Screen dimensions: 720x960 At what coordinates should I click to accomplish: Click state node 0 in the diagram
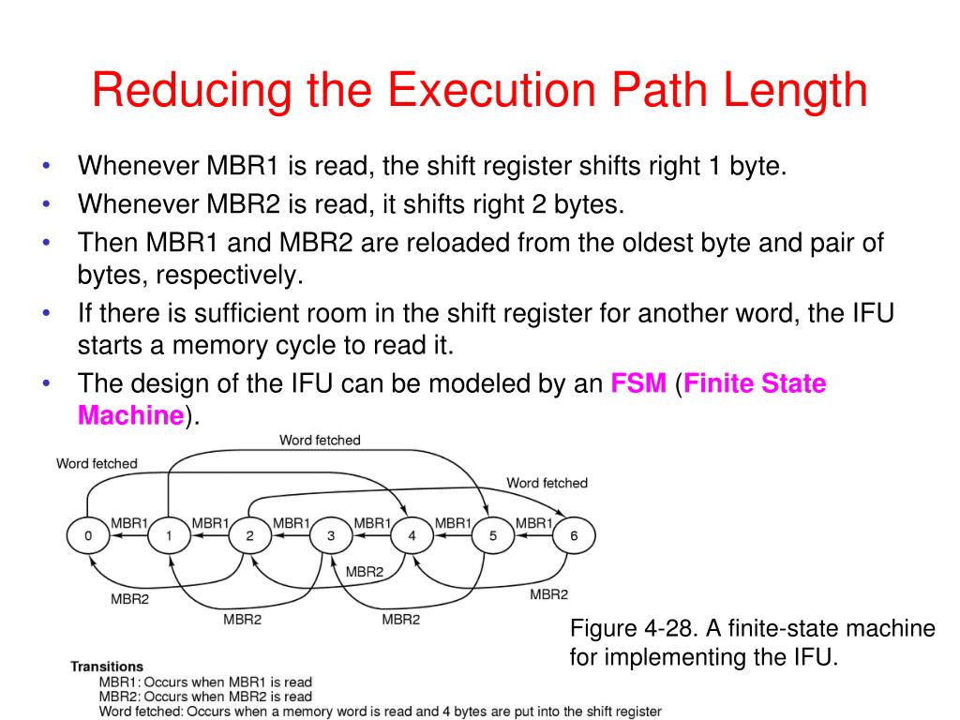88,536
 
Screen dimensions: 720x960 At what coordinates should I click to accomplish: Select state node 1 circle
169,536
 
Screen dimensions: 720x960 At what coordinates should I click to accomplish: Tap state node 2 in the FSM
249,536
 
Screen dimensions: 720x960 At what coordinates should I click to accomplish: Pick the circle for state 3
330,536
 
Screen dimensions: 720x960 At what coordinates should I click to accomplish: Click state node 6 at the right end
573,536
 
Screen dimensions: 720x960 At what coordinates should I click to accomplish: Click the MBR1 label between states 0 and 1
130,523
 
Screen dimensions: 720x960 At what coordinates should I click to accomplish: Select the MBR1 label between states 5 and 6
533,523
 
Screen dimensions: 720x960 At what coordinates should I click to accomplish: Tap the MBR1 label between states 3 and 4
372,523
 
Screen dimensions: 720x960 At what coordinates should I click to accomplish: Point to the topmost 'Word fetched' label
320,440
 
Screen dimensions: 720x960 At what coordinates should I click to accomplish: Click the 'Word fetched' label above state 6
547,483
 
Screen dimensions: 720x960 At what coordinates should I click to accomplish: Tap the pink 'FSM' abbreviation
638,384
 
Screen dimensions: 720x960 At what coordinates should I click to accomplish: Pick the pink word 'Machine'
130,415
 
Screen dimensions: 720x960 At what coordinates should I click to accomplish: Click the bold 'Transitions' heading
107,667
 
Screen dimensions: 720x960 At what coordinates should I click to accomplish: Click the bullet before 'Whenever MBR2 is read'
46,203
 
